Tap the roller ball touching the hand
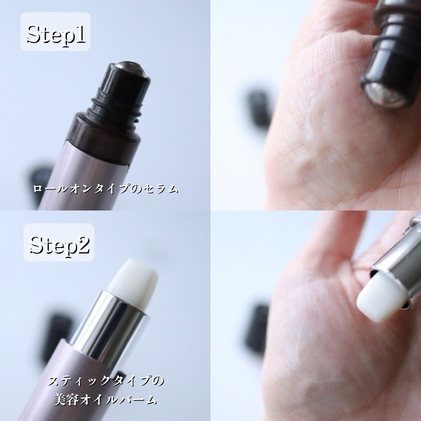pos(388,96)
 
